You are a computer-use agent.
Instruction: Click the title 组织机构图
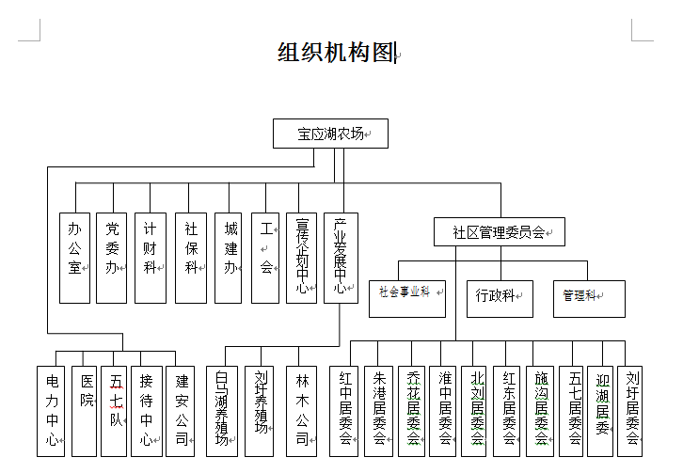(335, 53)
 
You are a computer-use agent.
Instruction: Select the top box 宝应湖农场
(329, 134)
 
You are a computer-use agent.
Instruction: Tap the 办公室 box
(74, 257)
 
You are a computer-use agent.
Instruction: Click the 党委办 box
(111, 257)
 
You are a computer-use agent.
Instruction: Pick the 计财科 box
(150, 257)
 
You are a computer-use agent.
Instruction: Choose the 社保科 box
(190, 257)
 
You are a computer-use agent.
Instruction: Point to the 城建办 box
(230, 257)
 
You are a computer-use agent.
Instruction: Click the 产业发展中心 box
(341, 257)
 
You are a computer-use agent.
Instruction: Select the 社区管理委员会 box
(499, 232)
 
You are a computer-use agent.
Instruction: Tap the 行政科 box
(499, 297)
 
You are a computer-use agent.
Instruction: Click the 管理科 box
(588, 297)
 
